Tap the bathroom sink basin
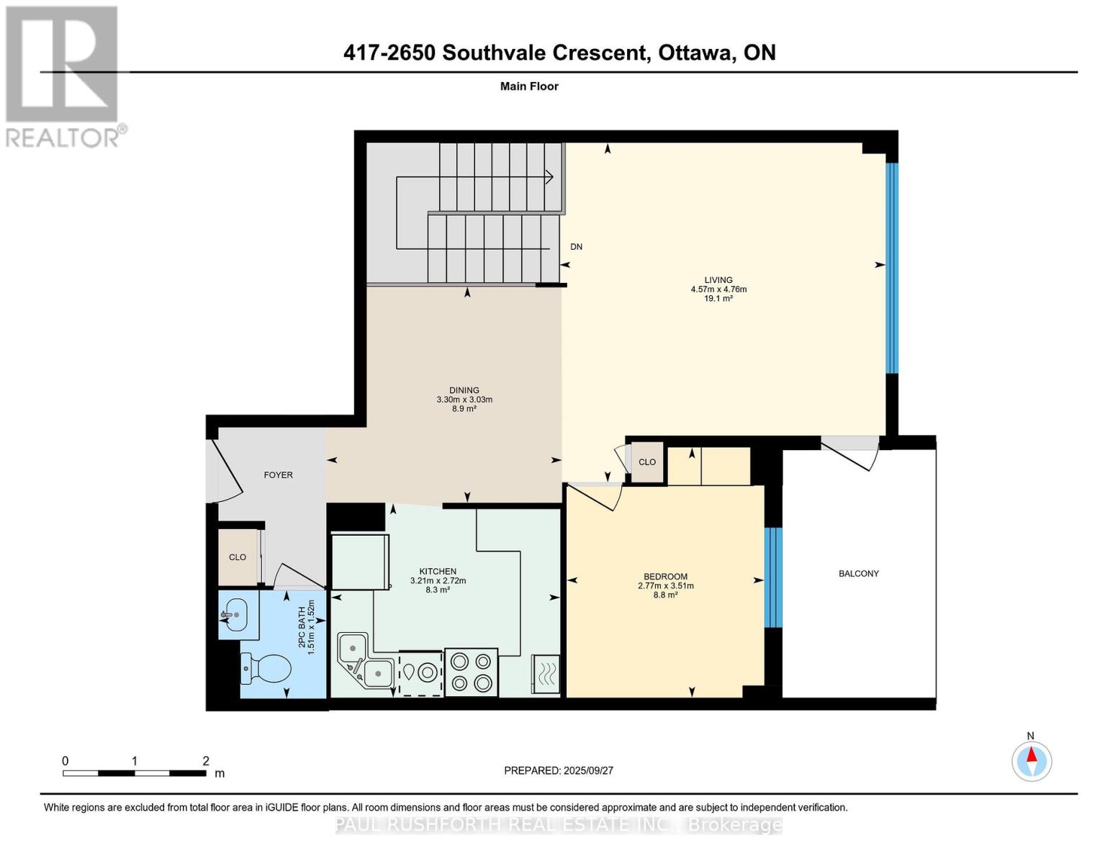[233, 616]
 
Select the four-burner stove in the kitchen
[471, 672]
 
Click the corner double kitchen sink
[364, 662]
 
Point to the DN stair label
[576, 247]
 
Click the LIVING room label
[718, 280]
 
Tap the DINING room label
[464, 390]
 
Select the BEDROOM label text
[665, 577]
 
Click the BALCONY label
[858, 574]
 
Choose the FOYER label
[278, 475]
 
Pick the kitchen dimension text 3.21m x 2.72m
[438, 581]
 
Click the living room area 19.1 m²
[718, 299]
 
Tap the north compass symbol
[1032, 760]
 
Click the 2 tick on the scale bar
[206, 761]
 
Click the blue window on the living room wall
[892, 268]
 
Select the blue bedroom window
[772, 577]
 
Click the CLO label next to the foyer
[238, 557]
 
